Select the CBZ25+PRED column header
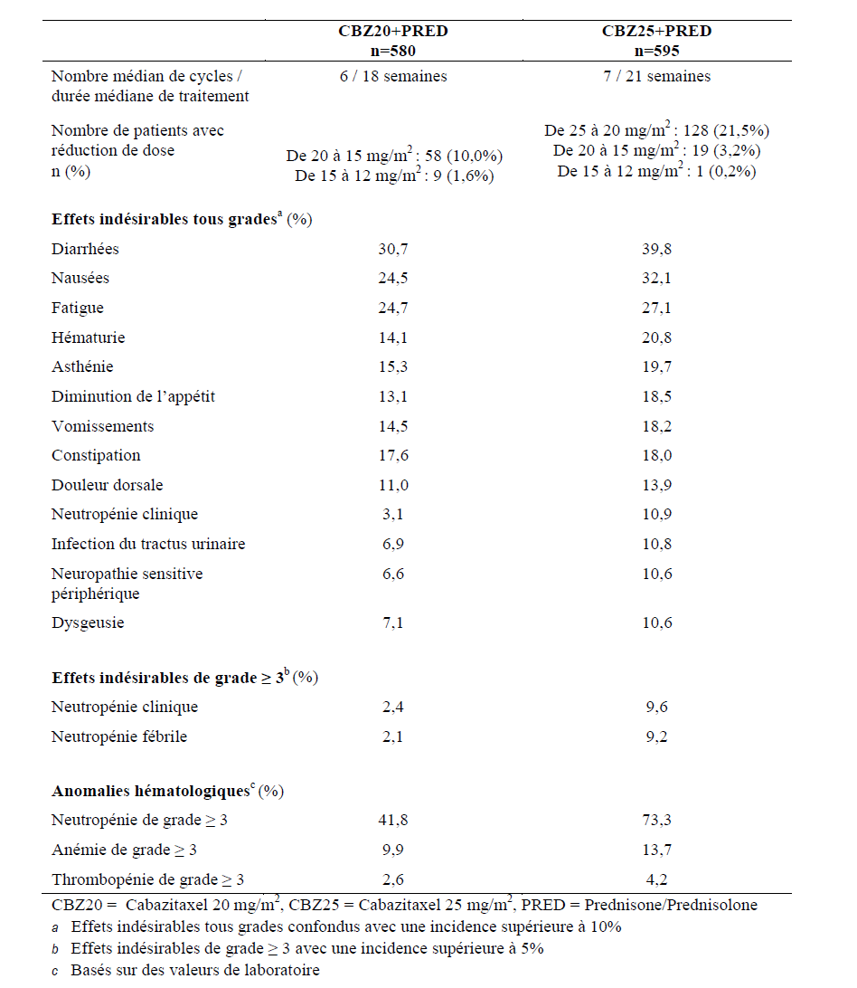coord(656,32)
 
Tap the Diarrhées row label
coord(85,249)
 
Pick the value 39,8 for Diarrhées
coord(656,249)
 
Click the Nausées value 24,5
coord(393,279)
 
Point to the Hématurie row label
coord(89,337)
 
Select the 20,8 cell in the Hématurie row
coord(656,337)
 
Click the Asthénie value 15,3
coord(393,367)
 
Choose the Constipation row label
coord(97,456)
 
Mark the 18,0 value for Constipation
coord(656,456)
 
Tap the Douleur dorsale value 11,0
coord(393,485)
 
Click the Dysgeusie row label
coord(88,623)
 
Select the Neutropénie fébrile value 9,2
coord(656,737)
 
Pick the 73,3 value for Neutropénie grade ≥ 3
coord(656,821)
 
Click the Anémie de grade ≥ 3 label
coord(125,850)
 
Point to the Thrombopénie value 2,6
coord(393,879)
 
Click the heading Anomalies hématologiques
coord(150,792)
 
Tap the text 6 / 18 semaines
coord(390,77)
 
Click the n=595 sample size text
coord(656,51)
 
